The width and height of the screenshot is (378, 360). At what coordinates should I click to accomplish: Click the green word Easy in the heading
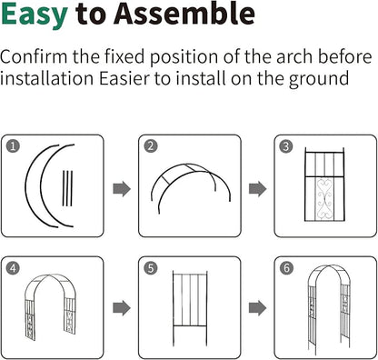click(35, 15)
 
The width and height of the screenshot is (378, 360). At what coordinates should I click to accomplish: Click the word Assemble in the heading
click(184, 13)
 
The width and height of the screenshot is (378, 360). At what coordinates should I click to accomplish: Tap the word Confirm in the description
click(34, 56)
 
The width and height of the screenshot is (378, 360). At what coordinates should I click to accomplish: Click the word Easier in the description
click(124, 79)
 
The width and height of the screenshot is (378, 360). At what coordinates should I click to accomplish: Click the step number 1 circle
click(13, 146)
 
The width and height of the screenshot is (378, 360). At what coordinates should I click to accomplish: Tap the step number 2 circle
click(151, 146)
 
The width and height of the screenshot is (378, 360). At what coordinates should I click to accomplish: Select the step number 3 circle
click(286, 146)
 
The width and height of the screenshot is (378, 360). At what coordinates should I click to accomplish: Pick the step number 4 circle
click(13, 268)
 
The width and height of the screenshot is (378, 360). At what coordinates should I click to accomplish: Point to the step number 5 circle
click(151, 268)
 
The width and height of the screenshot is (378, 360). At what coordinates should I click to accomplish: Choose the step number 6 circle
click(286, 268)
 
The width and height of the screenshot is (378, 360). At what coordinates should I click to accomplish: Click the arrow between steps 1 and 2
click(122, 189)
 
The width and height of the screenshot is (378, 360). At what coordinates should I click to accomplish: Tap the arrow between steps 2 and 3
click(258, 189)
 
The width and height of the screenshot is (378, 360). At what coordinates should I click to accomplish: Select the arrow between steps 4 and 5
click(122, 308)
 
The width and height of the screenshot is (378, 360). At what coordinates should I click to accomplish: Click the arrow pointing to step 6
click(258, 308)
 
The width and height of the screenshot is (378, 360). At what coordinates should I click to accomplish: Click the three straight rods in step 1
click(67, 188)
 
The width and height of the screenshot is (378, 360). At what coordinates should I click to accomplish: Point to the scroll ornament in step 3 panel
click(323, 199)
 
